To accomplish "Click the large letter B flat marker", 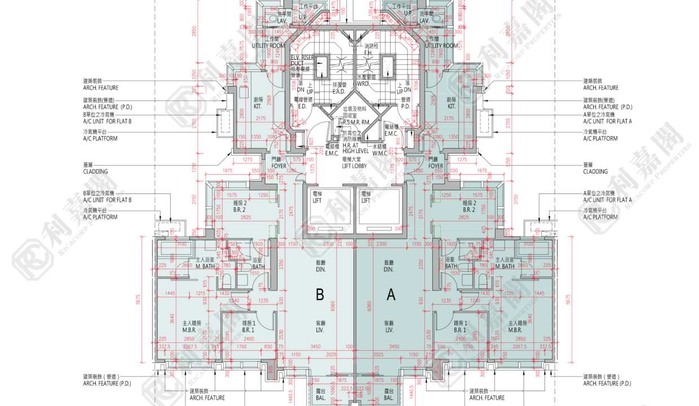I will (x=320, y=294).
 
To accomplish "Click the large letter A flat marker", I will (x=390, y=294).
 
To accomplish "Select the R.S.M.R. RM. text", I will (x=356, y=122).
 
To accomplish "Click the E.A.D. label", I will (x=339, y=91).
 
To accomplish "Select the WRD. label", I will (x=363, y=83).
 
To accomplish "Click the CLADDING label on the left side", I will (x=95, y=171).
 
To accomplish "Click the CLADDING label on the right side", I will (x=595, y=171).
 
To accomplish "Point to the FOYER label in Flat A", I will (x=435, y=166).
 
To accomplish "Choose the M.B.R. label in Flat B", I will (x=189, y=330).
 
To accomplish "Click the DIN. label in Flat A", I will (x=388, y=270).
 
